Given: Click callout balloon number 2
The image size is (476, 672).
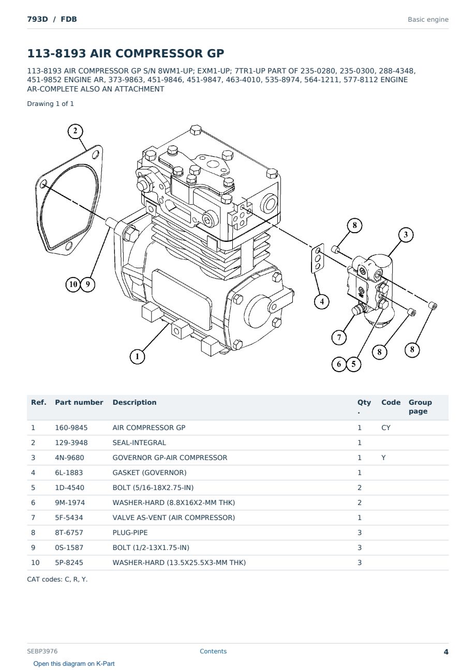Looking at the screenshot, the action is click(75, 131).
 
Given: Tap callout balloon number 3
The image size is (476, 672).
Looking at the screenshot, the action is click(406, 235).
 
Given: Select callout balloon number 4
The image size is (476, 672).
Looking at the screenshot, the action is click(322, 301).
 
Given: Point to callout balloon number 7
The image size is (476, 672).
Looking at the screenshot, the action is click(339, 338).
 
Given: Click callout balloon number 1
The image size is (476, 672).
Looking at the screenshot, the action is click(137, 357).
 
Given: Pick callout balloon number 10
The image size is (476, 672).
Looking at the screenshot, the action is click(73, 284).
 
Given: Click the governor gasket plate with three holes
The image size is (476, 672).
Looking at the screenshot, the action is click(318, 258).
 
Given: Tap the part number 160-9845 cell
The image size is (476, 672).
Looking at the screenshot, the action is click(71, 427).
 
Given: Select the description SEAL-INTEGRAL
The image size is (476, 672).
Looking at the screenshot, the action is click(139, 442).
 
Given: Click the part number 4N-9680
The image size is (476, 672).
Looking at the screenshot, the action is click(69, 457).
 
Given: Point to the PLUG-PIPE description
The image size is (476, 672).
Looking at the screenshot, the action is click(130, 532).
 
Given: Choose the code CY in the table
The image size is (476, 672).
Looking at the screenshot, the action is click(386, 427).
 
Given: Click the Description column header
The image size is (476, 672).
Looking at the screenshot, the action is click(135, 402).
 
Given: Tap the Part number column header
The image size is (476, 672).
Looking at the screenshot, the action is click(79, 402).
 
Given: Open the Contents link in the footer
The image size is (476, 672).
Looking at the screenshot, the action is click(213, 651).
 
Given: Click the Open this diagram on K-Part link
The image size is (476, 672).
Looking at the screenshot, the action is click(74, 664).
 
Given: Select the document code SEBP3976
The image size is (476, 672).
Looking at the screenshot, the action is click(42, 651).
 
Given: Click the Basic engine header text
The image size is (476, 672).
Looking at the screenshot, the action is click(428, 20).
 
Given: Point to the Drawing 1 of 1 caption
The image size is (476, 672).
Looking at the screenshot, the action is click(51, 104).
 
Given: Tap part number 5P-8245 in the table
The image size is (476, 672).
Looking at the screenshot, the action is click(69, 562).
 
